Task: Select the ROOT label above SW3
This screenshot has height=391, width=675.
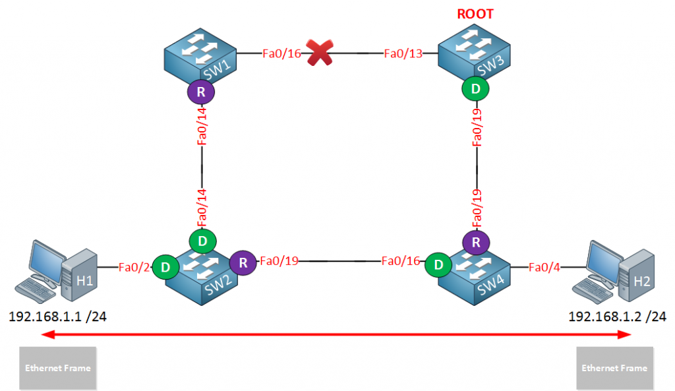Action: point(476,14)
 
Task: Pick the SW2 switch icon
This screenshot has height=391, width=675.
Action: point(201,269)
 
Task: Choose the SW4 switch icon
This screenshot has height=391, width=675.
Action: point(476,269)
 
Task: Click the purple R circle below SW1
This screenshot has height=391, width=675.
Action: point(201,93)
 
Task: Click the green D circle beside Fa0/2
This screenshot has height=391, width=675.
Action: point(165,267)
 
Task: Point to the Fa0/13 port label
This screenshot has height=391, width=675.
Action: point(403,53)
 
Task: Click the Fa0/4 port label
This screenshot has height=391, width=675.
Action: point(544,267)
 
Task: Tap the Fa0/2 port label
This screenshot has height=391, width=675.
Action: point(134,267)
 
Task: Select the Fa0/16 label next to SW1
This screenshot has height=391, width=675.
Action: point(281,53)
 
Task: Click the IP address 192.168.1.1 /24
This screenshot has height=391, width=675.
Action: point(58,316)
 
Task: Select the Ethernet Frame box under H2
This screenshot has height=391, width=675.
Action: point(614,367)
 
